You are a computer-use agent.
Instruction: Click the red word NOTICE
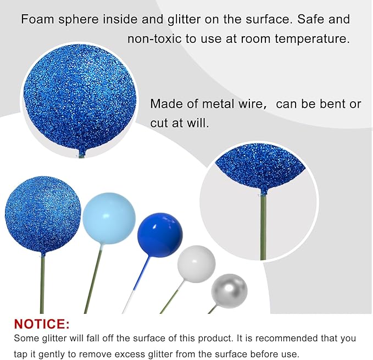coord(42,324)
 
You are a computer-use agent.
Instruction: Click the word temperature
coord(316,40)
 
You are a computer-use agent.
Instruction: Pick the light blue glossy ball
coord(109,218)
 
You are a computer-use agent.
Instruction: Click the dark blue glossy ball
coord(159,235)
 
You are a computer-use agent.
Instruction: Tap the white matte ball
coord(196,264)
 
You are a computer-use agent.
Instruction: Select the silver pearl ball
coord(229,291)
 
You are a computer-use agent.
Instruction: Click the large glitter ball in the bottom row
coord(42,215)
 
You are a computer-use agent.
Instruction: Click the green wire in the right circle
coord(263,225)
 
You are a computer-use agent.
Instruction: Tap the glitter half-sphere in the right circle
coord(259,168)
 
